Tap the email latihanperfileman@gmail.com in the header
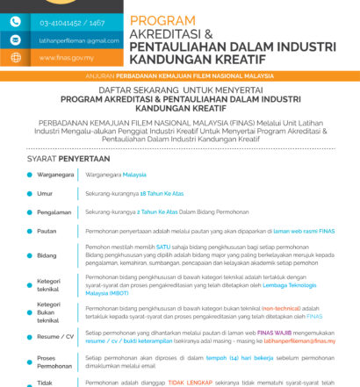78,40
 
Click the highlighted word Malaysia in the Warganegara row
134,175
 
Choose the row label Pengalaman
54,211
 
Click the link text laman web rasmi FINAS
304,231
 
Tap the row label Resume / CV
54,336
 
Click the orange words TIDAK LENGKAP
184,382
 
